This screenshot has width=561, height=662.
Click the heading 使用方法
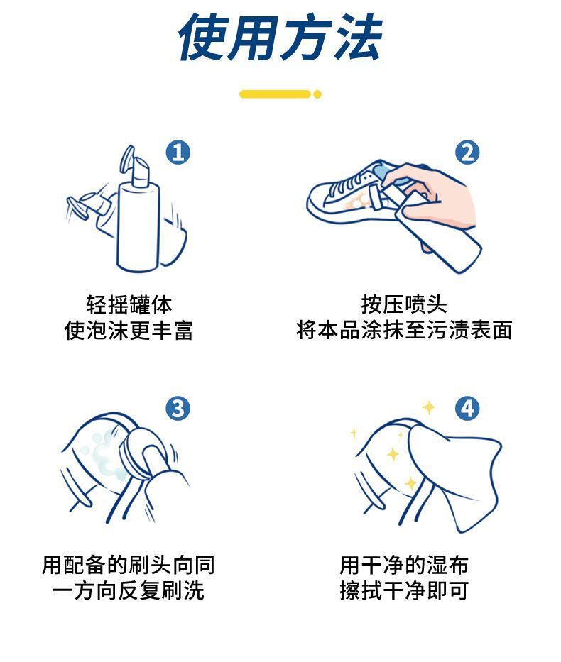pyautogui.click(x=280, y=37)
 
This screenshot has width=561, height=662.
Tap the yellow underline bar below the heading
pyautogui.click(x=275, y=94)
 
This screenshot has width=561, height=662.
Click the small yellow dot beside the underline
pyautogui.click(x=317, y=94)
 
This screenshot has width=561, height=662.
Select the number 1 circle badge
pyautogui.click(x=178, y=153)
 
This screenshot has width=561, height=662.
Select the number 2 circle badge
pyautogui.click(x=467, y=153)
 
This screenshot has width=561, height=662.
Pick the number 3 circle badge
pyautogui.click(x=178, y=409)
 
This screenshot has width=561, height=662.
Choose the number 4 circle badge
pyautogui.click(x=467, y=409)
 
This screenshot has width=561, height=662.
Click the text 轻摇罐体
pyautogui.click(x=129, y=304)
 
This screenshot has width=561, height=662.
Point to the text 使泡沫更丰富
pyautogui.click(x=129, y=330)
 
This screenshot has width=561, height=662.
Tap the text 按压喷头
pyautogui.click(x=404, y=304)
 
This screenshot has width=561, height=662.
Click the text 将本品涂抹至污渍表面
pyautogui.click(x=404, y=330)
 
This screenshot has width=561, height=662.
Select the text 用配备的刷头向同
pyautogui.click(x=129, y=565)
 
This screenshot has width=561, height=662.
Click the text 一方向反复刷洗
pyautogui.click(x=129, y=590)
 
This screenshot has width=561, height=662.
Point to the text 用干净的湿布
pyautogui.click(x=404, y=565)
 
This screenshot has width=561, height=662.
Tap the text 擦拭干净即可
pyautogui.click(x=404, y=590)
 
